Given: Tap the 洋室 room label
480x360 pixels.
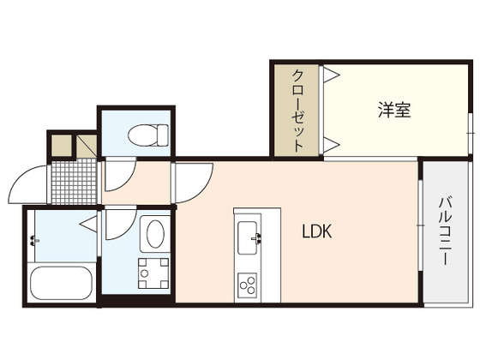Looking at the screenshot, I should [x=393, y=111].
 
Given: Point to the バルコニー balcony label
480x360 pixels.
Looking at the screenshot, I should [x=445, y=231].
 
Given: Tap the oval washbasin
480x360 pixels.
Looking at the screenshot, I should [x=153, y=234].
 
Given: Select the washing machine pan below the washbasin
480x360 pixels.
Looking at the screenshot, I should [x=153, y=273].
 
